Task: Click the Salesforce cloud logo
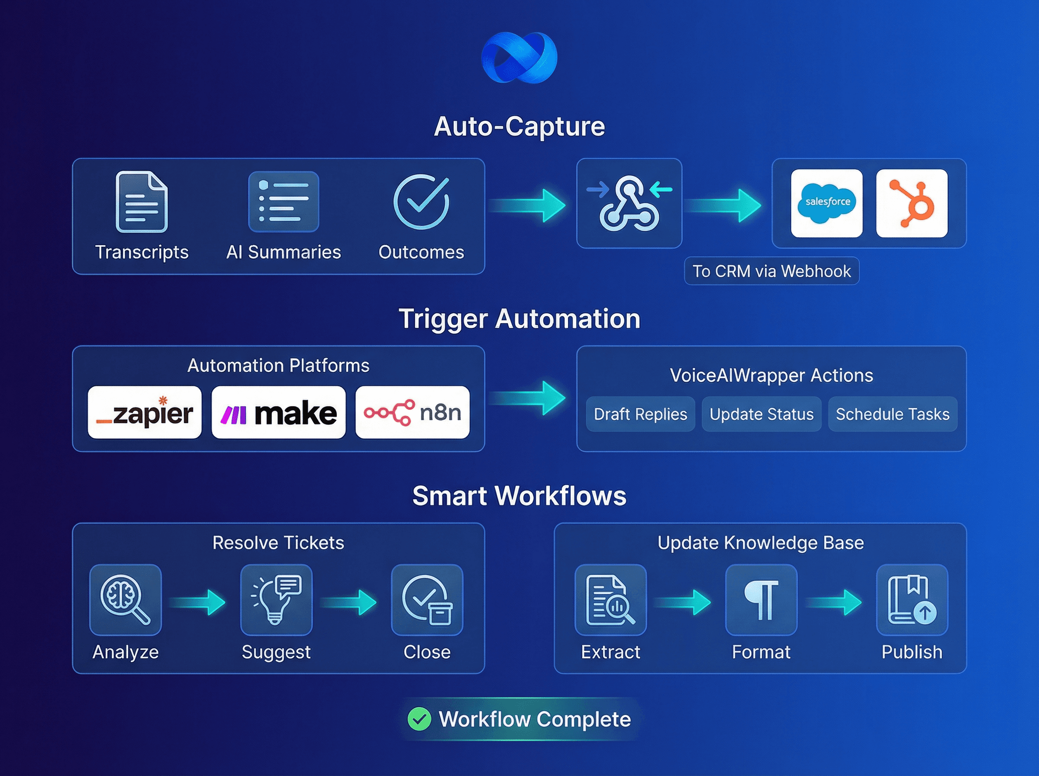[x=827, y=203]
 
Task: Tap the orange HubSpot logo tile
[x=911, y=203]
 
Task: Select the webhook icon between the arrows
[x=629, y=203]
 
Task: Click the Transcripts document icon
[x=141, y=201]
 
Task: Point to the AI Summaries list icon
[x=284, y=201]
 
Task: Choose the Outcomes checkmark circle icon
[x=421, y=201]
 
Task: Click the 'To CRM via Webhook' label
[x=771, y=271]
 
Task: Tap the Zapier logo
[x=145, y=412]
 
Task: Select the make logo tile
[x=278, y=412]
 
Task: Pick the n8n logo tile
[x=412, y=412]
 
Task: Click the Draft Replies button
[x=640, y=414]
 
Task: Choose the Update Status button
[x=762, y=414]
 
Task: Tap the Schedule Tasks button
[x=893, y=414]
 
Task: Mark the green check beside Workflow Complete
[x=419, y=719]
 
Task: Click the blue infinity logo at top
[x=519, y=57]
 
